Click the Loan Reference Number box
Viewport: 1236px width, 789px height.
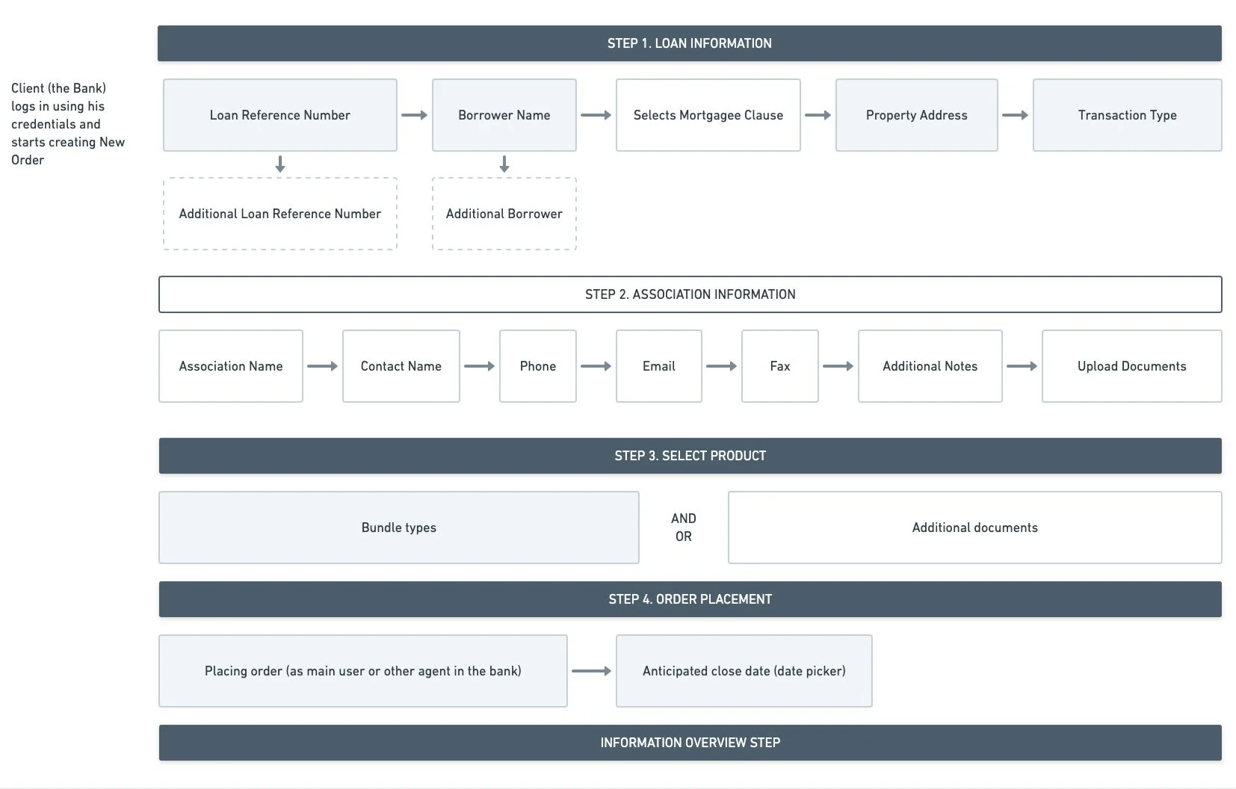[279, 115]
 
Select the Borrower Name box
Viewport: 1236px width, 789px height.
[504, 115]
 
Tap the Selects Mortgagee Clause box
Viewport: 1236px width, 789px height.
[708, 115]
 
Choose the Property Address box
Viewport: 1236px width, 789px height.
[916, 115]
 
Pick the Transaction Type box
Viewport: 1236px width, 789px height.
[1128, 115]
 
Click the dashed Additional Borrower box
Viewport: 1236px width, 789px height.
[504, 214]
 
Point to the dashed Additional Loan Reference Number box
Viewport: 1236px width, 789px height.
[279, 214]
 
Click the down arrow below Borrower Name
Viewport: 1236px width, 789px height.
[504, 164]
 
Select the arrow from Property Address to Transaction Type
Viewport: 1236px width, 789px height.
[1016, 115]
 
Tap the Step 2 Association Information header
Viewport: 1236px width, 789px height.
[690, 294]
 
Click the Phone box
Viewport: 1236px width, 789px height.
[538, 366]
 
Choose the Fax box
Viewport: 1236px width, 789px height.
[779, 366]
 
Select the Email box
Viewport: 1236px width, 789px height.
[659, 366]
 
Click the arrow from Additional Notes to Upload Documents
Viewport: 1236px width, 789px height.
[1022, 366]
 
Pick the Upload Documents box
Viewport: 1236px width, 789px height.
[1131, 366]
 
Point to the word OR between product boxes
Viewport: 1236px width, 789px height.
[684, 536]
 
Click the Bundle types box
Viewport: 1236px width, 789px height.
[399, 527]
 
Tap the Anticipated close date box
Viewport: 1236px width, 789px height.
[744, 671]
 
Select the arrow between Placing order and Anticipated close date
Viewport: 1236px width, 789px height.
[592, 671]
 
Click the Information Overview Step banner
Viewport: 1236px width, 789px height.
[690, 743]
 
